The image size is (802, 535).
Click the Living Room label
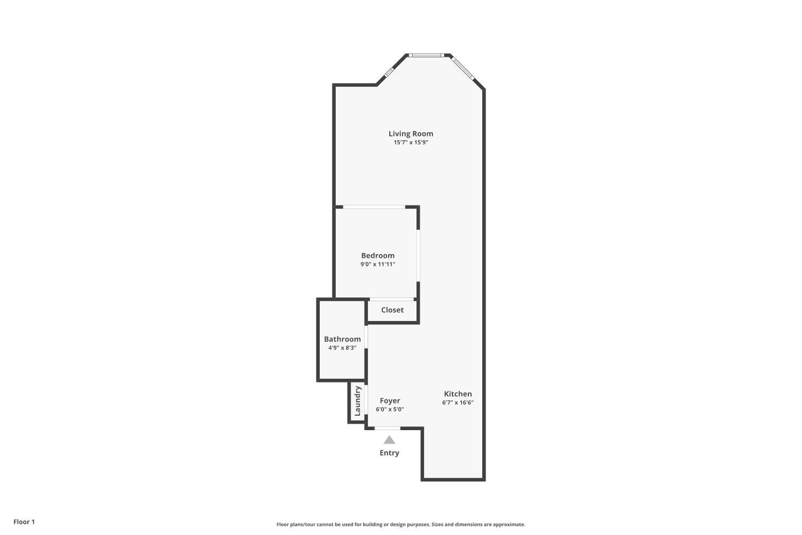pyautogui.click(x=411, y=134)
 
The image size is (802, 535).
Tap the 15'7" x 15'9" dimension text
pyautogui.click(x=411, y=142)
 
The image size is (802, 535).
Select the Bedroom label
pyautogui.click(x=377, y=256)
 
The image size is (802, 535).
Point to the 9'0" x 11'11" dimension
pyautogui.click(x=377, y=264)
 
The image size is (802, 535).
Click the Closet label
pyautogui.click(x=392, y=310)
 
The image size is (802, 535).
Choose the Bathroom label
pyautogui.click(x=342, y=339)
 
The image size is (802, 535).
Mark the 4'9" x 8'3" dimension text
pyautogui.click(x=342, y=348)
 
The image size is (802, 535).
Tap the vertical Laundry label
pyautogui.click(x=358, y=401)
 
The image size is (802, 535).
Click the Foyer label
pyautogui.click(x=390, y=401)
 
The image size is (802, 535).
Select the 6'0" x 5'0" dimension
pyautogui.click(x=390, y=409)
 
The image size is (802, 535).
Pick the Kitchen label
pyautogui.click(x=458, y=394)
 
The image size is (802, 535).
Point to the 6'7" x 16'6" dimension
pyautogui.click(x=458, y=402)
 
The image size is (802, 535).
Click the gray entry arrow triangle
pyautogui.click(x=389, y=440)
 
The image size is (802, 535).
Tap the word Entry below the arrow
pyautogui.click(x=389, y=453)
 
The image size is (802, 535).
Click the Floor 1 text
pyautogui.click(x=24, y=522)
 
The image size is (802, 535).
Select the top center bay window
pyautogui.click(x=426, y=55)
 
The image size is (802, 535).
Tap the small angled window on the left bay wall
pyautogui.click(x=389, y=71)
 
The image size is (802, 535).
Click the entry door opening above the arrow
pyautogui.click(x=387, y=428)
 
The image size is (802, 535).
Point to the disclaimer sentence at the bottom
pyautogui.click(x=400, y=524)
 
